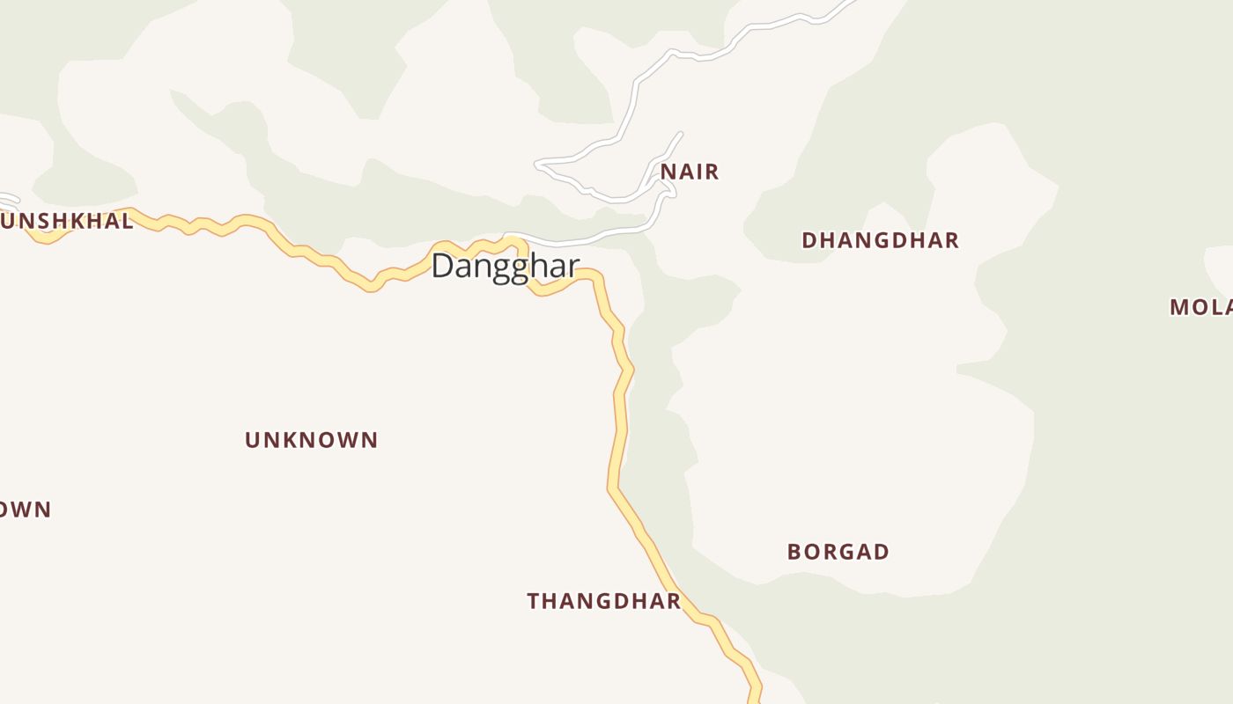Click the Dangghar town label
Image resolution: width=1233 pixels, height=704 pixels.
[x=505, y=266]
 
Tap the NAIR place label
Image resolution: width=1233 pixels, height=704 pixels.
[x=690, y=172]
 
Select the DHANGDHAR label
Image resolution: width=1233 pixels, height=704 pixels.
[x=880, y=240]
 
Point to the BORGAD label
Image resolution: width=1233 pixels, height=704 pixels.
[x=838, y=552]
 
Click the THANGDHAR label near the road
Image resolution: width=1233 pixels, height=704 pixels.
[x=603, y=601]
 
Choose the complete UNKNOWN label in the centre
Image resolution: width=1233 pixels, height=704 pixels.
[x=311, y=440]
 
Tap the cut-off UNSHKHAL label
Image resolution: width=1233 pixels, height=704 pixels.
[x=67, y=221]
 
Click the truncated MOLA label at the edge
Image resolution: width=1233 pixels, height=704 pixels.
[x=1200, y=307]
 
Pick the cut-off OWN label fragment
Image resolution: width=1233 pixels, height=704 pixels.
[x=26, y=510]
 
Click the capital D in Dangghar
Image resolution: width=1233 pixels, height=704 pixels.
[x=443, y=266]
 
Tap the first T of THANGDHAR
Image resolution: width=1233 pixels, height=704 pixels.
[x=534, y=601]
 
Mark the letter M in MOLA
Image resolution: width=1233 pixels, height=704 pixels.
[x=1179, y=307]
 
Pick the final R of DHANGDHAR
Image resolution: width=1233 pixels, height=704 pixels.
[x=951, y=240]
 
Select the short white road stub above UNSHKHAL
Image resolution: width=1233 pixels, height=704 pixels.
[x=9, y=198]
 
